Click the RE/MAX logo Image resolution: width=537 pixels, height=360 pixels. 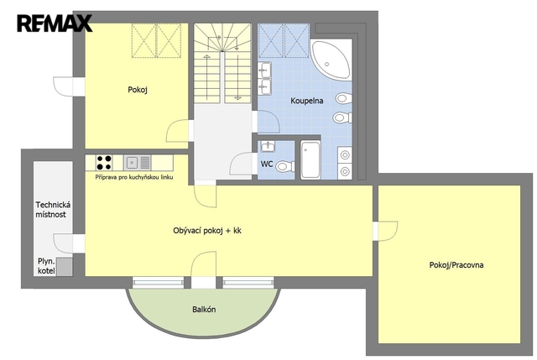point(55,23)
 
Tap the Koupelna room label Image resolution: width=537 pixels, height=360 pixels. point(307,101)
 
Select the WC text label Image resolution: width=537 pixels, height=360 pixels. point(267,164)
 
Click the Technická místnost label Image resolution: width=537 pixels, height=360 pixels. point(53,210)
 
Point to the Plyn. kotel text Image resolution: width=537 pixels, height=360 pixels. point(46,266)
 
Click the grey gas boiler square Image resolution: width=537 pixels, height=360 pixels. point(65,267)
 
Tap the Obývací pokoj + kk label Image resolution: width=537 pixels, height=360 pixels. point(207,231)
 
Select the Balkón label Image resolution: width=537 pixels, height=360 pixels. point(204,310)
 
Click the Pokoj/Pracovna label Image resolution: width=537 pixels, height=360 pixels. point(456,265)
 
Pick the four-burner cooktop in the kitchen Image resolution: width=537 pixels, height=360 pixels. point(104,163)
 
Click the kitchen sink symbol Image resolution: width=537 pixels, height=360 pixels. point(137,162)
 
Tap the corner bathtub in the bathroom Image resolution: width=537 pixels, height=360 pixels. point(331,60)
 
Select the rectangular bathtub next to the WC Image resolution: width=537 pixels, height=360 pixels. point(310,159)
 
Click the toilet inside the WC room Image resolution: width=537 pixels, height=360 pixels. point(285,167)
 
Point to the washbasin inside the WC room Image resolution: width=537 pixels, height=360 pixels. point(268,146)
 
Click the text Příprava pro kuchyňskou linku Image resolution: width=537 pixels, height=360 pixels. point(134,177)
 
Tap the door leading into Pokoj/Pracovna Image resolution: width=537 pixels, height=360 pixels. point(386,232)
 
